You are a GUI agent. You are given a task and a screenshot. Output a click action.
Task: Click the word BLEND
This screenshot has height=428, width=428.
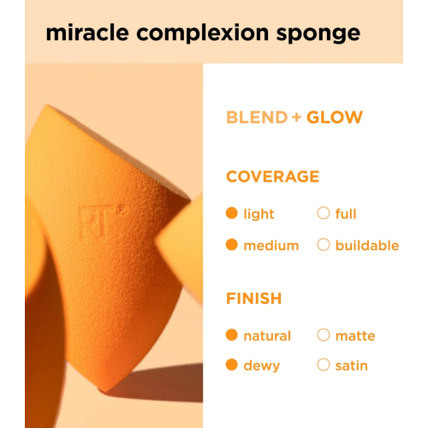click(x=256, y=117)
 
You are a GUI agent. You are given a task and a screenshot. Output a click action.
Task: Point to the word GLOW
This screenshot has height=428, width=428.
click(x=335, y=117)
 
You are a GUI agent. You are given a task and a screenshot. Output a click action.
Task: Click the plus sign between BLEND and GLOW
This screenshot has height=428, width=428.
click(x=296, y=117)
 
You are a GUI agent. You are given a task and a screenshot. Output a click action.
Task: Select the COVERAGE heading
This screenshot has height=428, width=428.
click(x=272, y=176)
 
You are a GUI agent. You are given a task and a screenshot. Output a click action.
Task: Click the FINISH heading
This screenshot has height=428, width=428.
click(x=253, y=299)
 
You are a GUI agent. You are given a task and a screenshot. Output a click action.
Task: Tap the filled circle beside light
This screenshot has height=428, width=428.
click(x=231, y=213)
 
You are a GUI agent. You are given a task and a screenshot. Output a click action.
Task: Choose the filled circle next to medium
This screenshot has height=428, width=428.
click(x=231, y=245)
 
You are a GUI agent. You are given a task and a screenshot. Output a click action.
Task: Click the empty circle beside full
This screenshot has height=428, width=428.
click(x=324, y=213)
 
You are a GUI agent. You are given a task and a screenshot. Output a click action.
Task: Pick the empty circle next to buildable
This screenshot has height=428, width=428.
click(x=324, y=245)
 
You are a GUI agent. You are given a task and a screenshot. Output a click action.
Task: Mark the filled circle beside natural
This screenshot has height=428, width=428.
click(x=231, y=336)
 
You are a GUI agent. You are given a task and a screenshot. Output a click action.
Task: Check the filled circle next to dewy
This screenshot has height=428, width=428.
click(x=231, y=365)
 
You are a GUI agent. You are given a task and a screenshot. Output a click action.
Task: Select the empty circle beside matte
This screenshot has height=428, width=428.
click(x=324, y=336)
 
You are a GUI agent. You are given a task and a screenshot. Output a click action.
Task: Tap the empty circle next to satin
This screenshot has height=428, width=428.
click(x=324, y=365)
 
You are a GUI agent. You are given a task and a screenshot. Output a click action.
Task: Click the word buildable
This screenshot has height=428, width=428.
click(x=366, y=246)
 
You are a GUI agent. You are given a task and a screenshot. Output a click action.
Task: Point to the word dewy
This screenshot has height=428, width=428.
click(x=262, y=366)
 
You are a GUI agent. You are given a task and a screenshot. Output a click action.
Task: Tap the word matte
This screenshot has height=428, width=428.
click(x=355, y=336)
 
